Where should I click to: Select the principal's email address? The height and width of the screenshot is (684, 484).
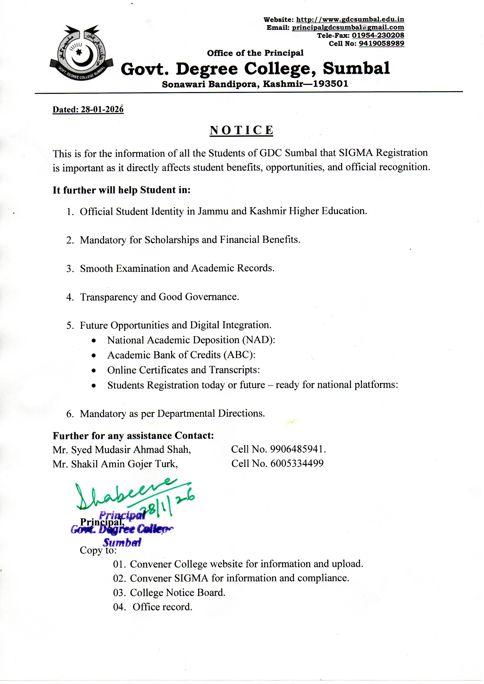348,28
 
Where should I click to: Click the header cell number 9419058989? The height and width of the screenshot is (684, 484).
381,44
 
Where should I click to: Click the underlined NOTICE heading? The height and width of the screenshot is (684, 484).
241,131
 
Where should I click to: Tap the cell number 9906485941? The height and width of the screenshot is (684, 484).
297,449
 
